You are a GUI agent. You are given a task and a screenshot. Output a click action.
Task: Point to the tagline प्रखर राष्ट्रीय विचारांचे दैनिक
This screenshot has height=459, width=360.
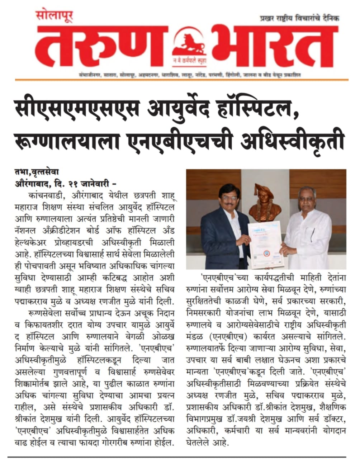tap(299, 19)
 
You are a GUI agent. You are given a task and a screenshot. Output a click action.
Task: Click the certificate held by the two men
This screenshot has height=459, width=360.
tap(265, 244)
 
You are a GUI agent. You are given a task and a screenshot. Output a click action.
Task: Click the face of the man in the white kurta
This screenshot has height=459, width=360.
tap(308, 199)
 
